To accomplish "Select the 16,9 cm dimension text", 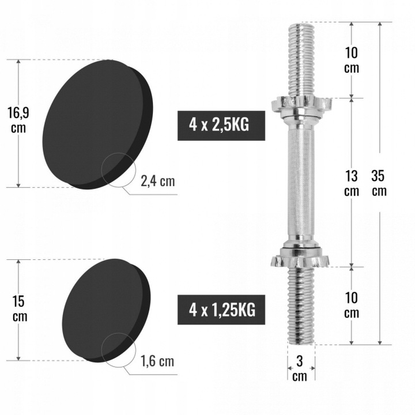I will click(x=18, y=119).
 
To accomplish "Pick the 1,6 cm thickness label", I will click(x=157, y=361).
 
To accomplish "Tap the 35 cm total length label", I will click(x=379, y=183).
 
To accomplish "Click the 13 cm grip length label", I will click(x=351, y=183).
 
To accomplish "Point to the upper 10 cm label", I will click(x=351, y=60).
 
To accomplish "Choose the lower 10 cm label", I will click(x=351, y=305).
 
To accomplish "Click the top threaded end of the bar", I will click(x=301, y=58).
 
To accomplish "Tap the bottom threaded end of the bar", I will click(x=301, y=305).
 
